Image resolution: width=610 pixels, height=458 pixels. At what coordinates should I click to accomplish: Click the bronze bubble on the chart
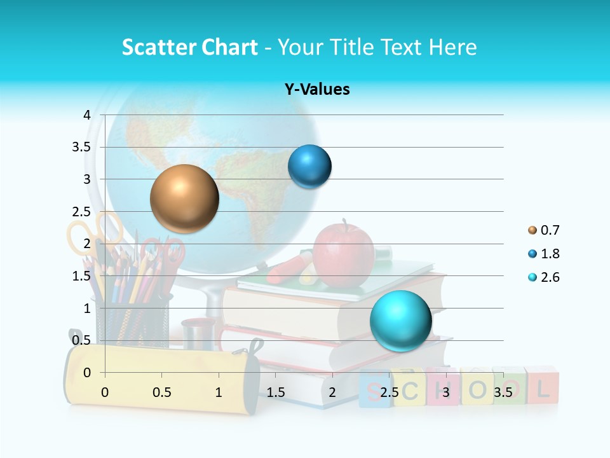click(184, 198)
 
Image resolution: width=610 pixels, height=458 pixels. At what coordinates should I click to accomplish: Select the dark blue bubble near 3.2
click(309, 167)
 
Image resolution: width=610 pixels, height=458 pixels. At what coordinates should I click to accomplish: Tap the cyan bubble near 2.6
click(400, 321)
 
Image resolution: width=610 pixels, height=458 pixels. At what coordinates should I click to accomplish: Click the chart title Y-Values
click(316, 90)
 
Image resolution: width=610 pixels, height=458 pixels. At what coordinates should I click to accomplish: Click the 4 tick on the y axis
click(87, 115)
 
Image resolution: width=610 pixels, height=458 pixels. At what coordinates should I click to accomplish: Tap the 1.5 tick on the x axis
click(275, 392)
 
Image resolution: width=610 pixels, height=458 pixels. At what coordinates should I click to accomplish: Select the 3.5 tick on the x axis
click(503, 392)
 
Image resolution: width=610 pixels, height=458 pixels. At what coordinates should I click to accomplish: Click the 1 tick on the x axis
click(219, 392)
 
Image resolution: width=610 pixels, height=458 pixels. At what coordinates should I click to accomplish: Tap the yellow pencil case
click(159, 378)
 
